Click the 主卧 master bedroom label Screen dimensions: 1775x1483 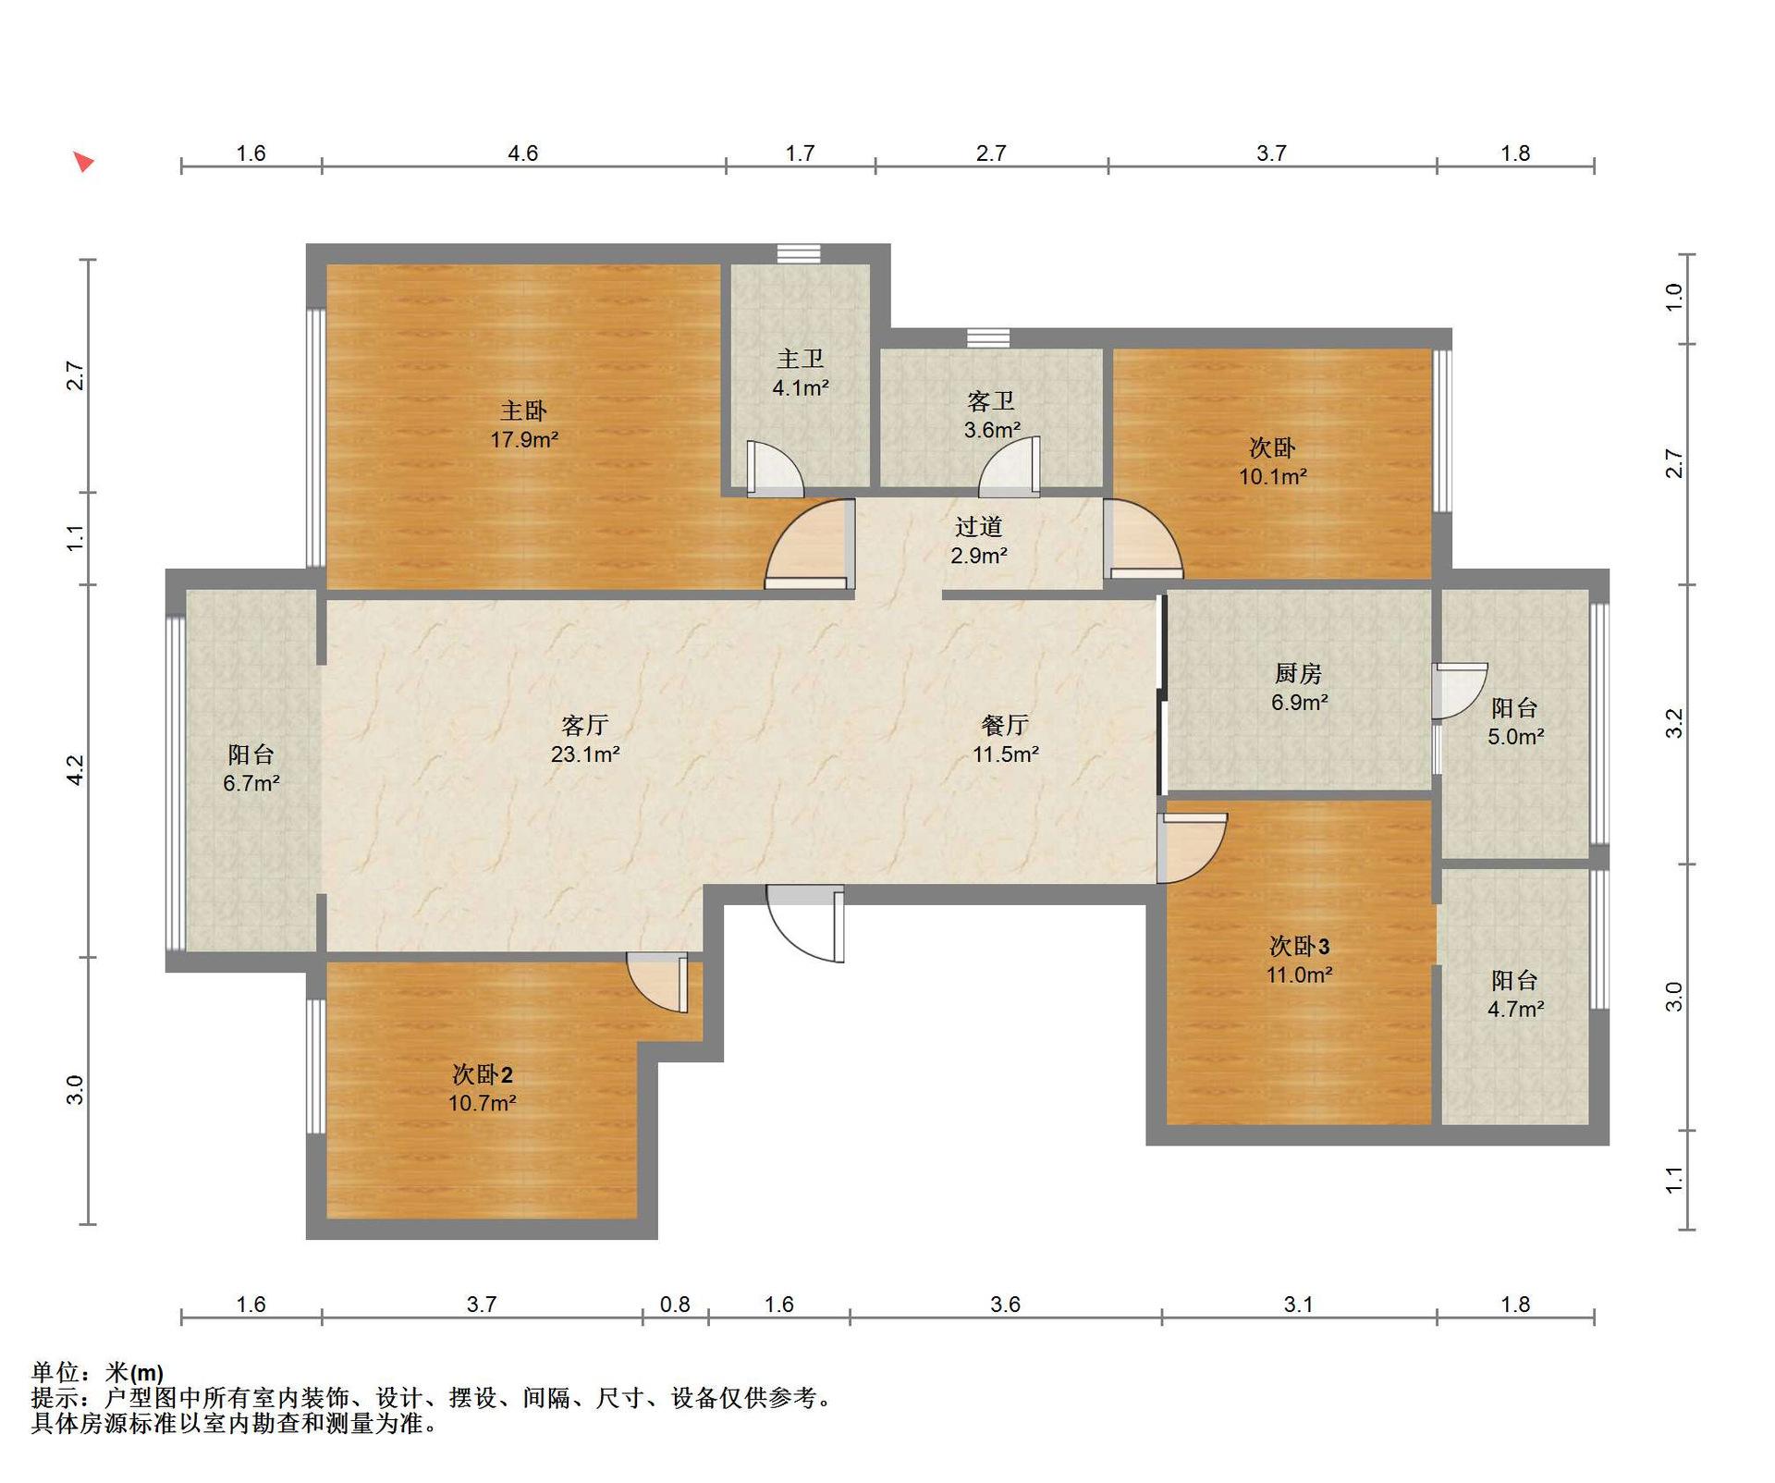click(523, 411)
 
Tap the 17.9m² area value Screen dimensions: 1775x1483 click(524, 440)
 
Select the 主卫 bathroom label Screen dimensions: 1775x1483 click(800, 359)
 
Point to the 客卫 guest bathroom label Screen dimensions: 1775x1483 click(991, 401)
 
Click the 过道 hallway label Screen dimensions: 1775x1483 click(979, 527)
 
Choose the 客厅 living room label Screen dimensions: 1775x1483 click(585, 725)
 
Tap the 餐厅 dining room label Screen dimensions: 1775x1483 click(1005, 725)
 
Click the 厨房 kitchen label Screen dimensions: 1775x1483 click(1299, 673)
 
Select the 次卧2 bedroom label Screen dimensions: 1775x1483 click(482, 1074)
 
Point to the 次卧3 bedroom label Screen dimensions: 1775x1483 click(1299, 946)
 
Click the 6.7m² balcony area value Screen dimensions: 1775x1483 click(251, 784)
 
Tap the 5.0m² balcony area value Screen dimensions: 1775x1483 click(1515, 737)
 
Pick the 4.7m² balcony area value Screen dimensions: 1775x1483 click(1515, 1010)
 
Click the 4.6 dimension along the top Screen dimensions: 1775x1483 click(522, 153)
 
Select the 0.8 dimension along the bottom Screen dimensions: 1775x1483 click(675, 1305)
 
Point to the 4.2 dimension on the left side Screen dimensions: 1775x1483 click(76, 770)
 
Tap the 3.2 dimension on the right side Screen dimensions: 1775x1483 click(1674, 723)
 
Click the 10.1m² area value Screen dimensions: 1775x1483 click(1273, 477)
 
